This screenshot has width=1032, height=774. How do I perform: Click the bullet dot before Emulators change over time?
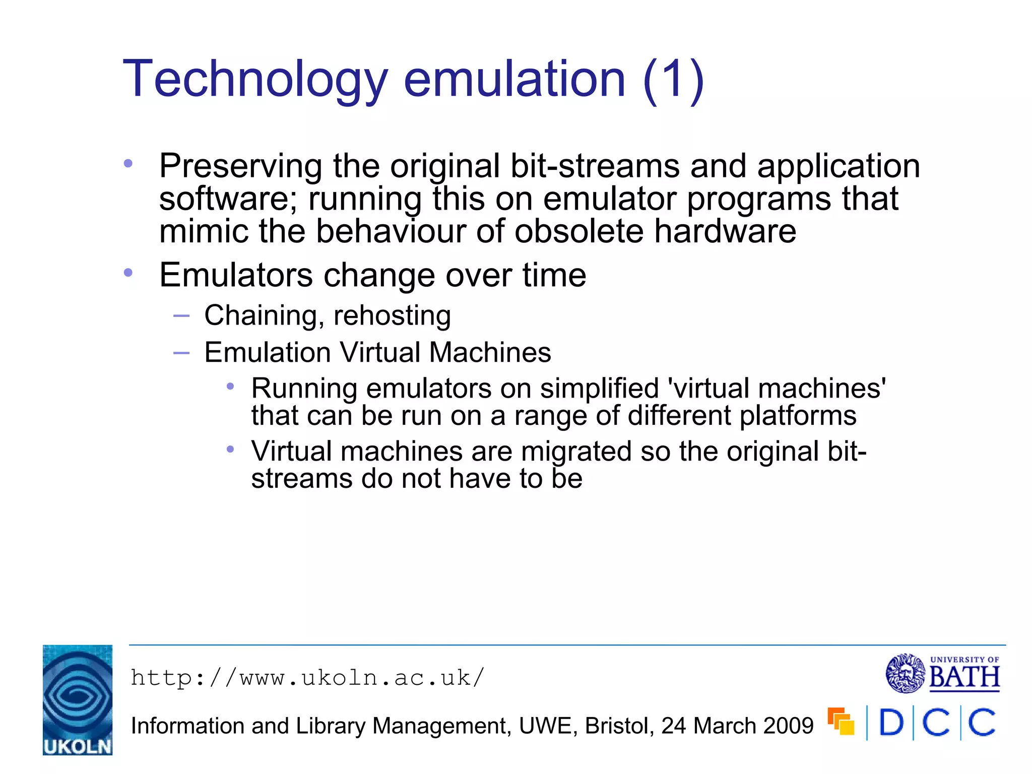[x=128, y=273]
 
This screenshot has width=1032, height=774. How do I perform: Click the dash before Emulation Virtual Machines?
[x=181, y=353]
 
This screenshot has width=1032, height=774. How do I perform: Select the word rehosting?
[x=392, y=316]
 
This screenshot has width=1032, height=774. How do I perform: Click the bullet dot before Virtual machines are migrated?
[x=230, y=449]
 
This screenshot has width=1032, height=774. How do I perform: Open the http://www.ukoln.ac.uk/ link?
[x=307, y=678]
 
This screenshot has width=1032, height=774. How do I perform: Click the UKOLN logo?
[x=78, y=700]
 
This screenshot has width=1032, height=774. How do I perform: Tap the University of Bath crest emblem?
[x=905, y=673]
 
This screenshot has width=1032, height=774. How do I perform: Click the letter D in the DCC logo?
[x=891, y=723]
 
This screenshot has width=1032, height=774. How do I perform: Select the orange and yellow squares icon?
[x=841, y=722]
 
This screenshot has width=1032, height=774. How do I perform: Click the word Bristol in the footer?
[x=619, y=726]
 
